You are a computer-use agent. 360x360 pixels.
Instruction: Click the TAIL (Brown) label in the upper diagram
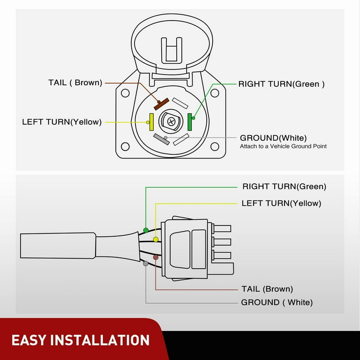tap(75, 82)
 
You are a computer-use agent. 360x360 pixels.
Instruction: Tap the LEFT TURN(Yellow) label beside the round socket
tap(61, 122)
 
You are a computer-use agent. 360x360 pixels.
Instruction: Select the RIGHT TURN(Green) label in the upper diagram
tap(281, 84)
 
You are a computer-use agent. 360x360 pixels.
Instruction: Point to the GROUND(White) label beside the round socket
tap(273, 138)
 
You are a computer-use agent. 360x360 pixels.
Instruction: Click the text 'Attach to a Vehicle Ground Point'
tap(283, 146)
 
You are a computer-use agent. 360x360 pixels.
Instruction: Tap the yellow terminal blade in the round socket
tap(151, 122)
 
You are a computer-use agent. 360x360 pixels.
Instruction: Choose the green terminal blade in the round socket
tap(190, 122)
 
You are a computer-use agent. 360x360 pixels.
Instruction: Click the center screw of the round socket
tap(171, 121)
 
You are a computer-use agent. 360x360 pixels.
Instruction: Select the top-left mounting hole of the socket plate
tap(125, 93)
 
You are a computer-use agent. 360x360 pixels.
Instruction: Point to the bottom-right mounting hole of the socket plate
tap(215, 147)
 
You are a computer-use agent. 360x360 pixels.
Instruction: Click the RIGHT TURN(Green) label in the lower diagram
tap(284, 187)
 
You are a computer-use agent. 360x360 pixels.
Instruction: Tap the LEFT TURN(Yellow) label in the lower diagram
tap(281, 203)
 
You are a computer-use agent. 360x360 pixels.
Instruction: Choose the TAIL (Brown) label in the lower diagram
tap(267, 289)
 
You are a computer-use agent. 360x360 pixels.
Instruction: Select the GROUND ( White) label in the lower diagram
tap(277, 302)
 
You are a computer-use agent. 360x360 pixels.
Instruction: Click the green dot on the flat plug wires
tap(146, 230)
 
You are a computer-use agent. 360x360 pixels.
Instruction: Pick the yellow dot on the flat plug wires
tap(155, 240)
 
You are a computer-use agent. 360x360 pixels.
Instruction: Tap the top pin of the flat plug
tap(222, 228)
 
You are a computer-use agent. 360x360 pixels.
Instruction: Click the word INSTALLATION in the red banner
tap(104, 340)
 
